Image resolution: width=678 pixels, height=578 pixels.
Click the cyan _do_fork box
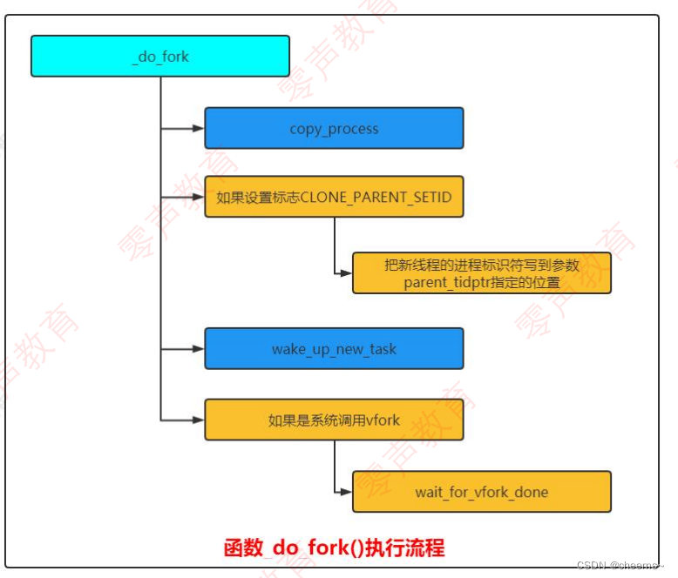(x=160, y=57)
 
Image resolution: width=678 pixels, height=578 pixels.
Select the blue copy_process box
(x=334, y=129)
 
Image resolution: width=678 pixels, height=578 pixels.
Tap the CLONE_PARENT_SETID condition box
(x=334, y=197)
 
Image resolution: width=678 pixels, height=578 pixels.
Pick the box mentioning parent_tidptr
(x=481, y=273)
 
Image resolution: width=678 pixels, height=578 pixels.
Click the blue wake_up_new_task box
(x=334, y=349)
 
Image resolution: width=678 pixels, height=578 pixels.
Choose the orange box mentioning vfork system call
(x=334, y=420)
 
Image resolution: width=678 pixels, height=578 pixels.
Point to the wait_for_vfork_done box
(x=481, y=492)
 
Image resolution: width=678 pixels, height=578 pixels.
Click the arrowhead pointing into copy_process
(x=199, y=129)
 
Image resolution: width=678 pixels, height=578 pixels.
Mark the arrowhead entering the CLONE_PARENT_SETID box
(x=199, y=197)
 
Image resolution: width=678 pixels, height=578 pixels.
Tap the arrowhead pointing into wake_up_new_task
(x=199, y=349)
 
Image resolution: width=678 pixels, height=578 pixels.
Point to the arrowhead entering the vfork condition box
(x=199, y=420)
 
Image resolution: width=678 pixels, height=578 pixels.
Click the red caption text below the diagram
(x=334, y=548)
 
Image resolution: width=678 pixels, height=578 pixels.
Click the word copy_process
(x=334, y=129)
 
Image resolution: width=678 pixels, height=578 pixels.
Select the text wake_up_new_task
(x=334, y=349)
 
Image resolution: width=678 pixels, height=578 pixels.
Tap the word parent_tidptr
(x=444, y=282)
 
